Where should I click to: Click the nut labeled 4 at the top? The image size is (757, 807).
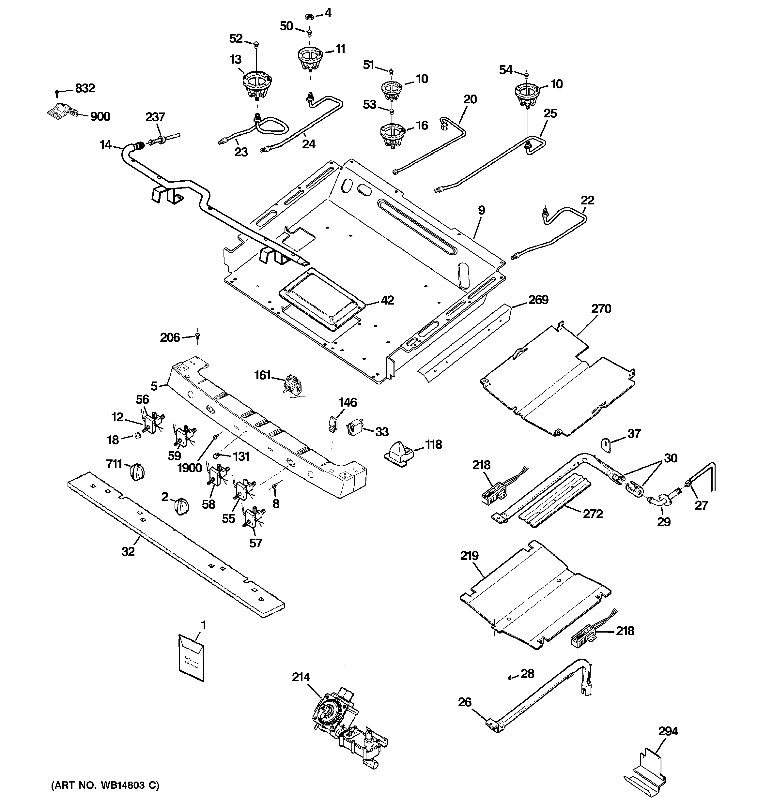(308, 17)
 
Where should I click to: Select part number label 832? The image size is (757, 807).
(85, 88)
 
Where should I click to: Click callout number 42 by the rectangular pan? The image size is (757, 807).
(387, 300)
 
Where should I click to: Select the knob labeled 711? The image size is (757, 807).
(137, 472)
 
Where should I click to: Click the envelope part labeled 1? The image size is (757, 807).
(191, 657)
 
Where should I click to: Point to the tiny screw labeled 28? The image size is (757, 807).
(509, 677)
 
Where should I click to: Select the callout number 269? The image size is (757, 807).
(538, 300)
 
